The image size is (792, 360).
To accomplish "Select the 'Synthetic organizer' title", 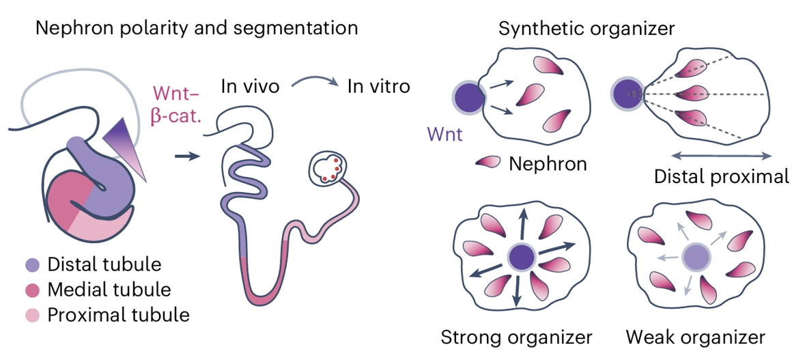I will (586, 29).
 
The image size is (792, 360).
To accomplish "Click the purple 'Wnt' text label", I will (444, 135).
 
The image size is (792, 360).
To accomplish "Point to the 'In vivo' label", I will (250, 87).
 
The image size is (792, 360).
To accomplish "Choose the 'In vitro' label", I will (379, 87).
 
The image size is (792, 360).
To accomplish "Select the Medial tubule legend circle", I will (31, 290).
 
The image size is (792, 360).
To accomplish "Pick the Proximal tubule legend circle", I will (31, 315).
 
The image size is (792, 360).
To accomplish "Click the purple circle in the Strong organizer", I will (521, 257).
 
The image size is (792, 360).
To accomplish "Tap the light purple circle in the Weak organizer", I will (696, 257).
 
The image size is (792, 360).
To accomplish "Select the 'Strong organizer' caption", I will (516, 337).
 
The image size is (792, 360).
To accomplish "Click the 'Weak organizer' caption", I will (695, 337).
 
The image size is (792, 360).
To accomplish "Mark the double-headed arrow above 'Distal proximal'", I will (720, 154).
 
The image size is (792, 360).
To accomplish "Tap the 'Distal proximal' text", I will (721, 177).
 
